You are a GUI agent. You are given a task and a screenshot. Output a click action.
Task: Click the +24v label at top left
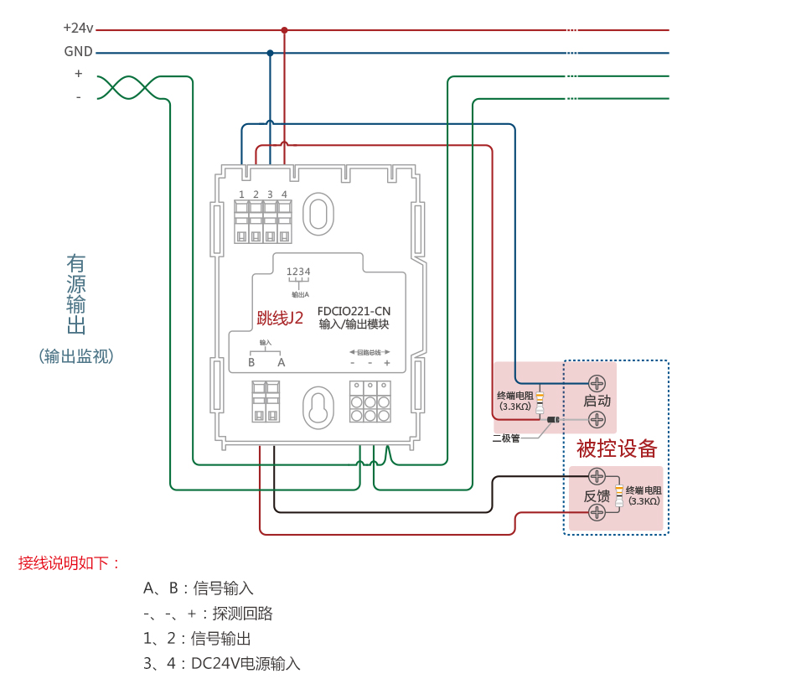point(78,28)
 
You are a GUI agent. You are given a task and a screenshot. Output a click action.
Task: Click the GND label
point(78,51)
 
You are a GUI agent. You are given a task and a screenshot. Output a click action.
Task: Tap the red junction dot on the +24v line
point(284,30)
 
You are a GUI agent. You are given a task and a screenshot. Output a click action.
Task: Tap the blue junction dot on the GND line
point(270,53)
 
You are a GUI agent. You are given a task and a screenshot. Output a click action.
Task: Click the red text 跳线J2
point(280,318)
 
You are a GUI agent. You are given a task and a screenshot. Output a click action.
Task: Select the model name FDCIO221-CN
point(354,310)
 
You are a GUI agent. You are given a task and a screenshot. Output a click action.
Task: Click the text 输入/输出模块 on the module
point(354,324)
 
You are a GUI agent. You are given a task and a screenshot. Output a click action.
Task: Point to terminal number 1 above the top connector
point(241,194)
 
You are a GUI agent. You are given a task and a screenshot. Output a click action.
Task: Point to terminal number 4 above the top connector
point(284,194)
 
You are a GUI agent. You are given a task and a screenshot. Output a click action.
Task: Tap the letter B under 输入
point(251,362)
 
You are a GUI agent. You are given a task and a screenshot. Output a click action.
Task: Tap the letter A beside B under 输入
point(282,362)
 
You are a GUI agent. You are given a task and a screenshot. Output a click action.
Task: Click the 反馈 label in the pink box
point(596,495)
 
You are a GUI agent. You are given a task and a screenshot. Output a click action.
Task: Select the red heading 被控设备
point(617,448)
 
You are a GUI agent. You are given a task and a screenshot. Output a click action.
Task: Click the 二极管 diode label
point(505,438)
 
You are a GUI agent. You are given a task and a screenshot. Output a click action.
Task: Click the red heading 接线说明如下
point(70,563)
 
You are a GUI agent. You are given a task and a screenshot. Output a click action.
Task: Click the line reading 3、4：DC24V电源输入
point(221,664)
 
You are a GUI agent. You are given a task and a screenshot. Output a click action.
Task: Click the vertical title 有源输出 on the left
point(76,294)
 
